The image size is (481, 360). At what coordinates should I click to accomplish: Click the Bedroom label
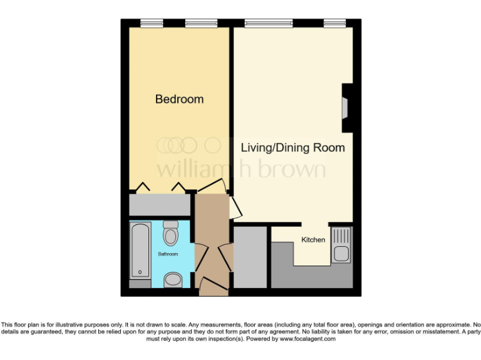(179, 99)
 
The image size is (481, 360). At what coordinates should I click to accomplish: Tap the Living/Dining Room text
(293, 148)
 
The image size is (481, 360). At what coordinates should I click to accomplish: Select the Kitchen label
(313, 240)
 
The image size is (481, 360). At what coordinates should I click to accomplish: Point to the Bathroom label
(168, 254)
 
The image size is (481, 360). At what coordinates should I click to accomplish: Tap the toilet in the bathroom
(170, 235)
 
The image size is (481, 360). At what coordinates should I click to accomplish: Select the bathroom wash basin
(172, 279)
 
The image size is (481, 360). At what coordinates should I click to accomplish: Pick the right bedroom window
(201, 24)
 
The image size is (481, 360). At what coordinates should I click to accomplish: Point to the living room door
(233, 207)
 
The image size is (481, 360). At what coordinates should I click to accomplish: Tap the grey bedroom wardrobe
(160, 204)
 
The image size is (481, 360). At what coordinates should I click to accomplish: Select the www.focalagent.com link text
(308, 339)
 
